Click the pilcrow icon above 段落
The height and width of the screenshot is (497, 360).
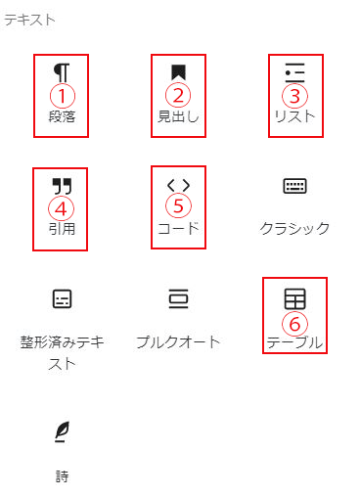(x=62, y=72)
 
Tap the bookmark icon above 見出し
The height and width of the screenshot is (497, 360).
(x=179, y=72)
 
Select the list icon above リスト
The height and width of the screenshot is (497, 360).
(x=294, y=72)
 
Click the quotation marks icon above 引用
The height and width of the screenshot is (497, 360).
(x=62, y=186)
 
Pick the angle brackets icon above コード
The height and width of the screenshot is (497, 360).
(x=178, y=185)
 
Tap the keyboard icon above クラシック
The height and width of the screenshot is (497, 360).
(x=294, y=186)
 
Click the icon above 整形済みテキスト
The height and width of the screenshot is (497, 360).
(x=62, y=298)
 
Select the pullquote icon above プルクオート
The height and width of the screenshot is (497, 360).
(x=178, y=298)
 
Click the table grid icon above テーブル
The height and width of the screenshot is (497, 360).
(x=294, y=298)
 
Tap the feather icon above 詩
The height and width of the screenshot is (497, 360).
(x=62, y=431)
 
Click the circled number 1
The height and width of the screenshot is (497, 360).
(x=63, y=96)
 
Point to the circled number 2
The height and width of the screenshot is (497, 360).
(x=178, y=96)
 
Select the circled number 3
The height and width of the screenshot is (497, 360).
(x=294, y=96)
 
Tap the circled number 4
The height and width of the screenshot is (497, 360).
(x=61, y=209)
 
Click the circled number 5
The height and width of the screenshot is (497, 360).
(x=178, y=206)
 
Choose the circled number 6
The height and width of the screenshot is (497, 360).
(x=294, y=324)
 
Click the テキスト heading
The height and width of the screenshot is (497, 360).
(x=29, y=20)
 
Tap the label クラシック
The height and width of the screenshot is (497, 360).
(x=294, y=228)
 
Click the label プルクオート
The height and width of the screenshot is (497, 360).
(x=178, y=342)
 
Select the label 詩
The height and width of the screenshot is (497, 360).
(x=62, y=476)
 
